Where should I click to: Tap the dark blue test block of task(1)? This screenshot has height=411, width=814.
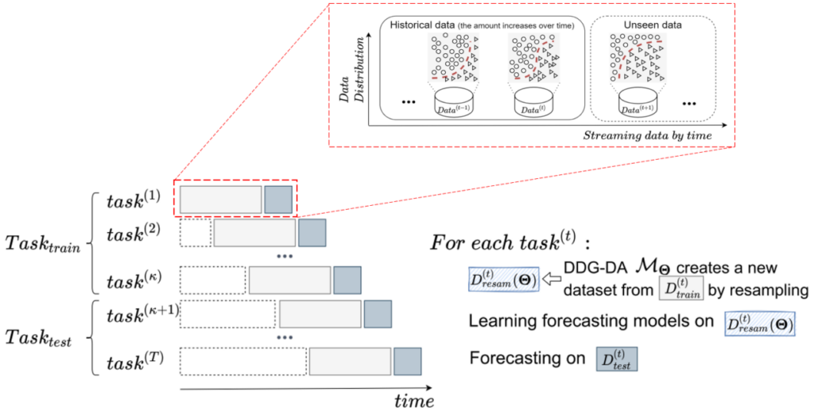(278, 199)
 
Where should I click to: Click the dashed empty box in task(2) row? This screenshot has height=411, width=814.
(196, 233)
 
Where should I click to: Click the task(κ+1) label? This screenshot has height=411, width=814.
(141, 315)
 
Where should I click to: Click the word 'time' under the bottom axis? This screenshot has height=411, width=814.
(414, 399)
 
